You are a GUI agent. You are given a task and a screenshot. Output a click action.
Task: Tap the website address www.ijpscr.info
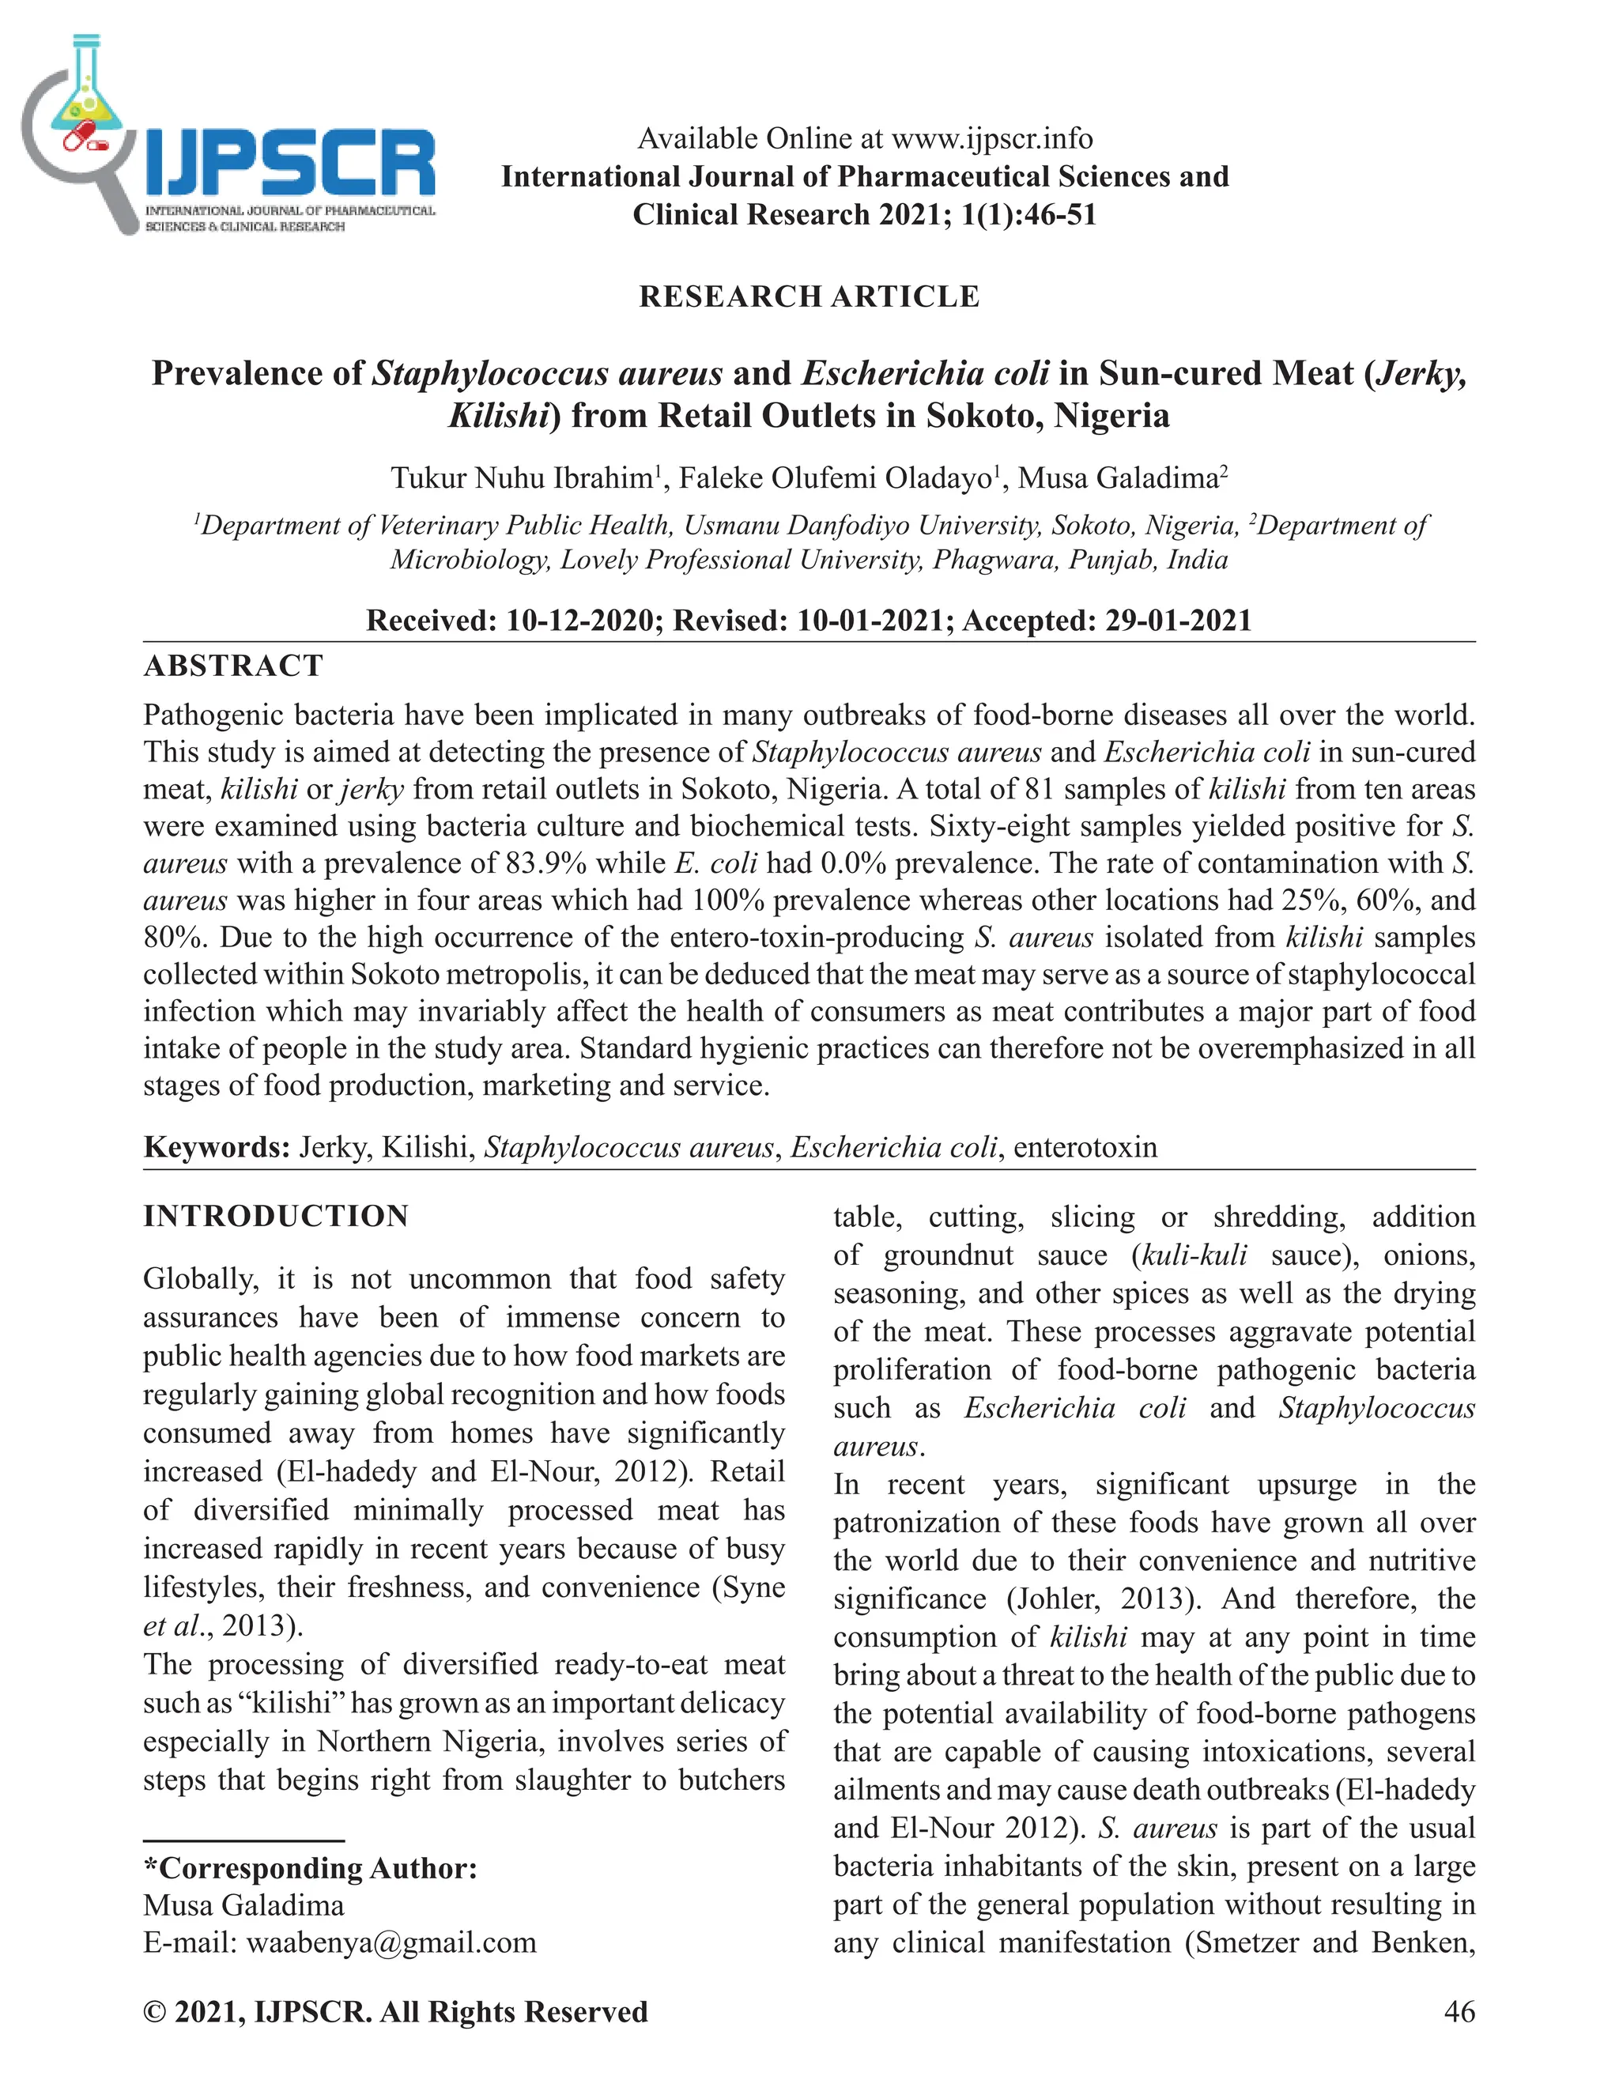click(992, 139)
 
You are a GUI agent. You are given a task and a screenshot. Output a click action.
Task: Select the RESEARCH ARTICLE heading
click(809, 296)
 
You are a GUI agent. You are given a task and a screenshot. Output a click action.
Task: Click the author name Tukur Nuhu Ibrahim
click(522, 478)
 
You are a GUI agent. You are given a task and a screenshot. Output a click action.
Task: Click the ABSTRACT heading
click(233, 666)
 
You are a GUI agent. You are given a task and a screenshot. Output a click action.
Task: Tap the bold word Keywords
click(216, 1147)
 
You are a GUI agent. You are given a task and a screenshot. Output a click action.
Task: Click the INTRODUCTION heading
click(276, 1217)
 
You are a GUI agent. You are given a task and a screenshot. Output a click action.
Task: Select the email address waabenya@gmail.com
click(391, 1943)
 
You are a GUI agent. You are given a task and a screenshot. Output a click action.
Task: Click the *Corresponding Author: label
click(310, 1869)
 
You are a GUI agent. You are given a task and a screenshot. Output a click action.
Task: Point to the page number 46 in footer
click(1459, 2011)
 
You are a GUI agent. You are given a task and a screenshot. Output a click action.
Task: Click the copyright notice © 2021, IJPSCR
click(395, 2011)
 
